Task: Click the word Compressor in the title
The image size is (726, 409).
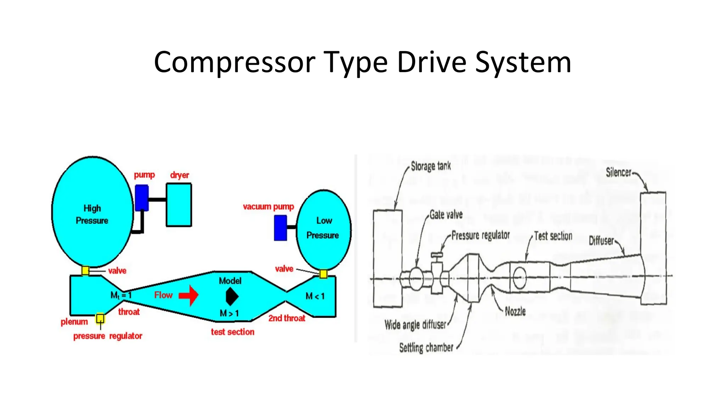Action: (x=234, y=62)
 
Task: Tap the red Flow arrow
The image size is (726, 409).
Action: (x=189, y=295)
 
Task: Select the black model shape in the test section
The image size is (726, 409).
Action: (x=232, y=296)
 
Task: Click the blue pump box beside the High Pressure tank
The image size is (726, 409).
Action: (x=142, y=198)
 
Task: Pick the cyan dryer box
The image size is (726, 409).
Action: (x=179, y=205)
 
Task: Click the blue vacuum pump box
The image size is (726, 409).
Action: (x=280, y=228)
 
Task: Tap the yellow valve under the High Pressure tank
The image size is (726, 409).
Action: (x=85, y=271)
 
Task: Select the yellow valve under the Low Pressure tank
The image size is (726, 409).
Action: (x=323, y=274)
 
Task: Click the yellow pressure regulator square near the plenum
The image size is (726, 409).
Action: (x=100, y=318)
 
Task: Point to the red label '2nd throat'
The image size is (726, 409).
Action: (x=286, y=318)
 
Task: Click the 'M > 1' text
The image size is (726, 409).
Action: (x=229, y=313)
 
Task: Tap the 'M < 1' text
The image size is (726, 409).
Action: (x=315, y=296)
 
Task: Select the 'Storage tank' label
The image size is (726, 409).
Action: (x=431, y=166)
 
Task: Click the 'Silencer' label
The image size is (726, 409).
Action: (x=619, y=173)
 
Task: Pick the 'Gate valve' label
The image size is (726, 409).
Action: (x=446, y=214)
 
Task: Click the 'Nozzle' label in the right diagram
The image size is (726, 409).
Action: (x=515, y=311)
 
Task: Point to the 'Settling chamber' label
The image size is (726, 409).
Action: (x=426, y=348)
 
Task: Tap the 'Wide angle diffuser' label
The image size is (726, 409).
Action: (x=415, y=325)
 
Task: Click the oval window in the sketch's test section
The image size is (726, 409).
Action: (x=520, y=278)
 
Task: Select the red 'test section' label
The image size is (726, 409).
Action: (x=233, y=332)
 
